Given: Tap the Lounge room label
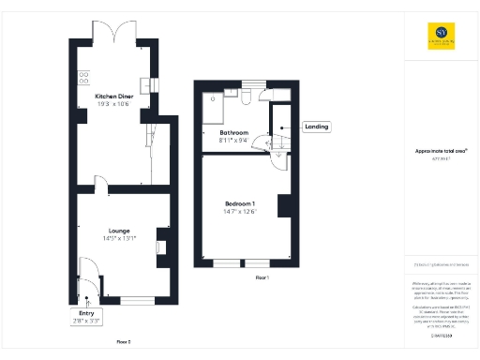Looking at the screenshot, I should click(118, 230).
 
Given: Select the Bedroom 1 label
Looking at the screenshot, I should click(239, 203).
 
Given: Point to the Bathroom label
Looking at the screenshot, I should click(233, 133).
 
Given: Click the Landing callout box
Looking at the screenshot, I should click(315, 127).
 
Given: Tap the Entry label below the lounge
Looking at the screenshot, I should click(85, 314).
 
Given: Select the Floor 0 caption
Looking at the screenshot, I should click(122, 342).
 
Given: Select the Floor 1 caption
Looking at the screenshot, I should click(262, 277).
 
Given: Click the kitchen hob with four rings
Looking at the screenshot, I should click(82, 78).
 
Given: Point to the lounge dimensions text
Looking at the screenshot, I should click(119, 238).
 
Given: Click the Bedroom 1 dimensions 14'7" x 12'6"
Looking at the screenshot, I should click(239, 212).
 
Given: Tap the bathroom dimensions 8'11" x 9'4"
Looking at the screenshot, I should click(233, 142).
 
